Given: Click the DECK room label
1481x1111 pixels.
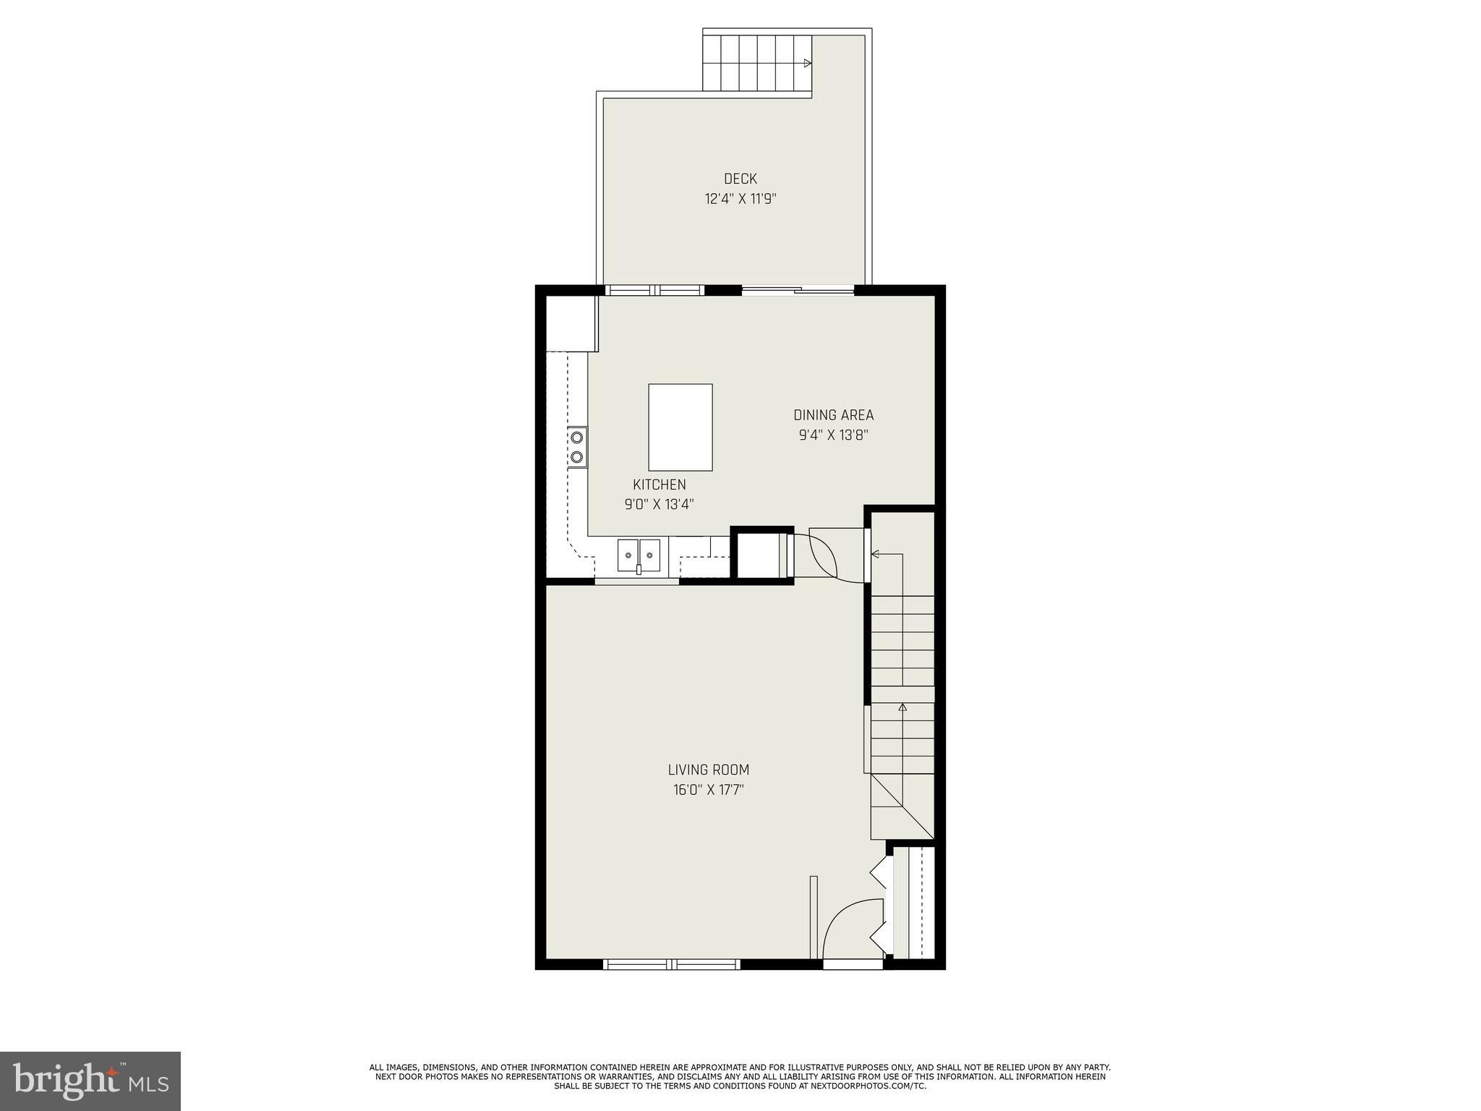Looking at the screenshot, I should pyautogui.click(x=740, y=179).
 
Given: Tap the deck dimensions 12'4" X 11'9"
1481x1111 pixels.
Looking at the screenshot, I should pyautogui.click(x=740, y=199).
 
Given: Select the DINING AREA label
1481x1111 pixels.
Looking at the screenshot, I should pyautogui.click(x=833, y=415).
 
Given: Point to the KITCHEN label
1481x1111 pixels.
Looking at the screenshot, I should pyautogui.click(x=659, y=485).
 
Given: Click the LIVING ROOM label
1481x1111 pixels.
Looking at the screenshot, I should pyautogui.click(x=708, y=770).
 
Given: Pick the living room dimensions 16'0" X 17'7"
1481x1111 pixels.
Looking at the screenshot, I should pyautogui.click(x=708, y=790).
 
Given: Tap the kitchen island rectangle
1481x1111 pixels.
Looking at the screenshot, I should pyautogui.click(x=680, y=427).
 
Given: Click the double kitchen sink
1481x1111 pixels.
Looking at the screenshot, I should pyautogui.click(x=639, y=555).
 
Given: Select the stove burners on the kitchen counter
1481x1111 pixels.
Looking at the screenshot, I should pyautogui.click(x=577, y=447).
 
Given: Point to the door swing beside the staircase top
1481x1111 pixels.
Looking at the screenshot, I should pyautogui.click(x=824, y=553).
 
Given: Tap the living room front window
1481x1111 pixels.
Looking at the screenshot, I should pyautogui.click(x=672, y=963).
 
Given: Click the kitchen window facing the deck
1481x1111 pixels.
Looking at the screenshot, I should pyautogui.click(x=654, y=290).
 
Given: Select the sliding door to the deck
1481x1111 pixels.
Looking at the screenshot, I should pyautogui.click(x=798, y=291).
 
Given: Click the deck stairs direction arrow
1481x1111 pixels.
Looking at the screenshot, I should pyautogui.click(x=808, y=63).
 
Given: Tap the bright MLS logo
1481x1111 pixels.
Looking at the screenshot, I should pyautogui.click(x=90, y=1081).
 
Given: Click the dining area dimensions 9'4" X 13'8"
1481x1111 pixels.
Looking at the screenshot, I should pyautogui.click(x=833, y=435).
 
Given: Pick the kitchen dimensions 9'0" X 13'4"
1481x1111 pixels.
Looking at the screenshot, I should pyautogui.click(x=659, y=504).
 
